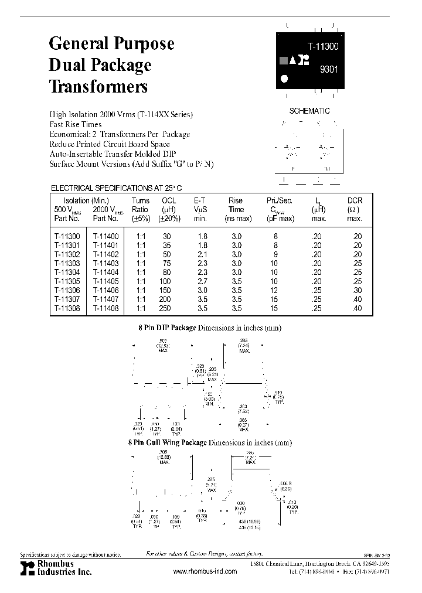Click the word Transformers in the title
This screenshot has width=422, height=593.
(x=98, y=87)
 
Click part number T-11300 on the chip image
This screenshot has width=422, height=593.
(x=324, y=44)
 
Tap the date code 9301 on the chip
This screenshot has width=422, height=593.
(x=329, y=69)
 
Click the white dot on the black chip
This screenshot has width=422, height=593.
(x=285, y=78)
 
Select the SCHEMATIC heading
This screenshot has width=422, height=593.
(x=309, y=111)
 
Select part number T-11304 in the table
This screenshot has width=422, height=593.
(x=66, y=272)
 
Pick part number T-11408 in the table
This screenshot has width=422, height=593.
(x=105, y=308)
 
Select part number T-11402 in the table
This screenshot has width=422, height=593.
(x=105, y=255)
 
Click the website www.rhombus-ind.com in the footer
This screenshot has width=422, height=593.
(x=206, y=571)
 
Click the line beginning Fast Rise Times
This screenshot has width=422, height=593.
(x=76, y=124)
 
